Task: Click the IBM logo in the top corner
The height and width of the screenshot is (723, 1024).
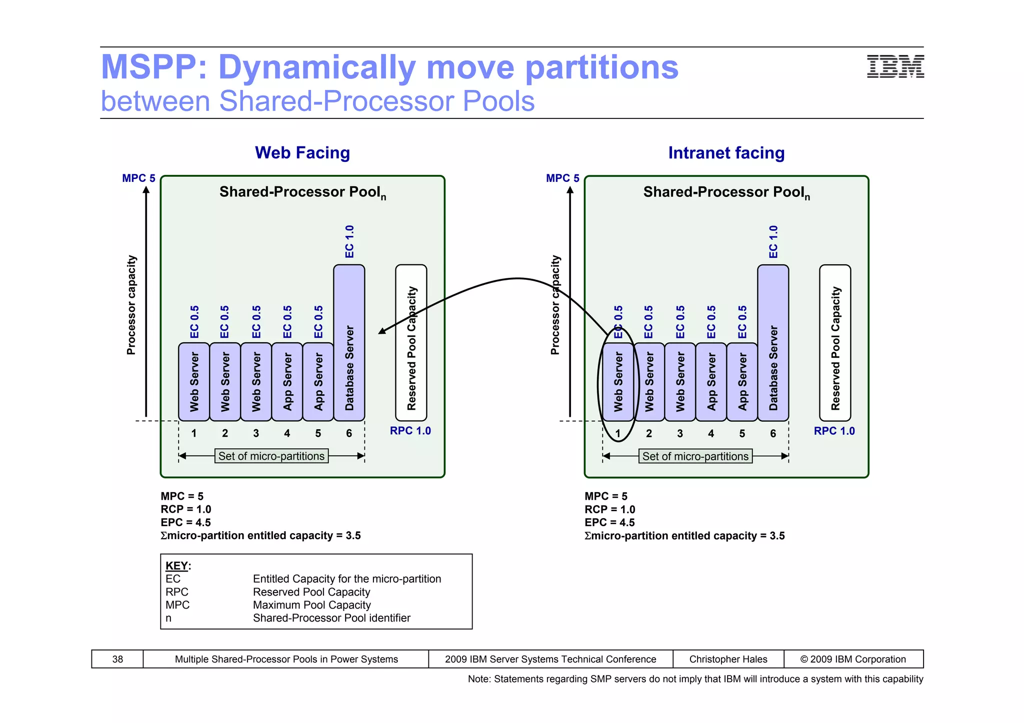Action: pos(895,66)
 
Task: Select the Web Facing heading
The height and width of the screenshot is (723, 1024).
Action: pos(302,153)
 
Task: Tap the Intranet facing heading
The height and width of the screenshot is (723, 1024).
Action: pos(726,153)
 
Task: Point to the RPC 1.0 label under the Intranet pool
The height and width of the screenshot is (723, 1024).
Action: pos(834,431)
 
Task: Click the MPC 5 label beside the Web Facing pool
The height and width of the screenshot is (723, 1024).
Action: pos(138,178)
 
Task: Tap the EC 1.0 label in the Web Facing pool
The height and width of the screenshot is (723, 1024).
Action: pos(349,242)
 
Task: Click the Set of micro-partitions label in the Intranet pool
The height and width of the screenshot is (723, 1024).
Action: pos(695,456)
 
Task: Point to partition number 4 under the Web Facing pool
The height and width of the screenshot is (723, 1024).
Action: pos(287,433)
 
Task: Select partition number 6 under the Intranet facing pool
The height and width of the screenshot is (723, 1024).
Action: pos(773,433)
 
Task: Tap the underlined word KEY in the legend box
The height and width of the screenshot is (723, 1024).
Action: pos(176,566)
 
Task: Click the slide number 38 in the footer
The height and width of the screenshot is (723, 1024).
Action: pos(117,659)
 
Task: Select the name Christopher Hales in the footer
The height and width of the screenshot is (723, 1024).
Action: pos(728,659)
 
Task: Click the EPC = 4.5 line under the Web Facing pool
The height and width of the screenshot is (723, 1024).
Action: pos(185,522)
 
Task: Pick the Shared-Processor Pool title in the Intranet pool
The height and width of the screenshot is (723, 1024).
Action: pos(726,192)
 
